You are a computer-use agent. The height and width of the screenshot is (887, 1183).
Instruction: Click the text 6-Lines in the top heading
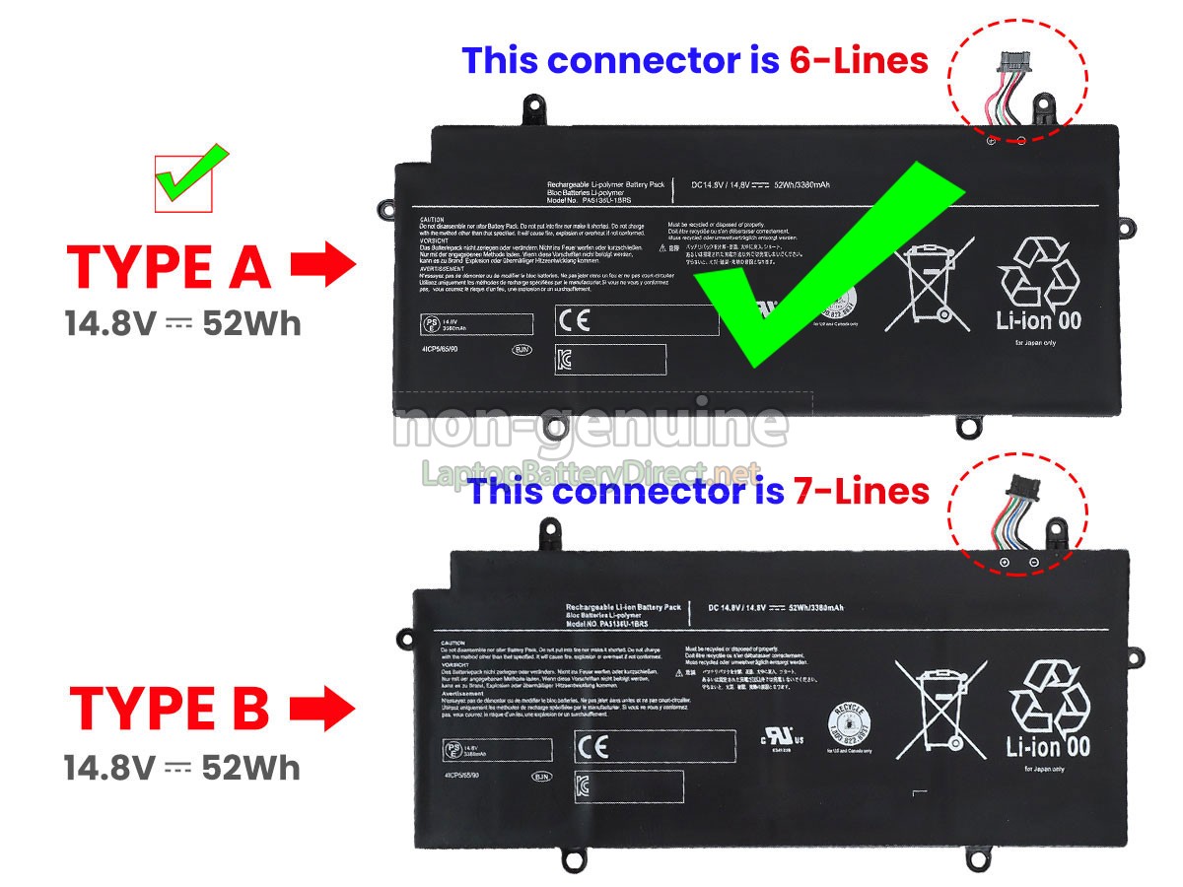(x=859, y=61)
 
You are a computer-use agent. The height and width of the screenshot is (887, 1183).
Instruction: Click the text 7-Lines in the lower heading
(x=861, y=490)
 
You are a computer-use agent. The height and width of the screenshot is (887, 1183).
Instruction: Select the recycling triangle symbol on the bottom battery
(x=1049, y=696)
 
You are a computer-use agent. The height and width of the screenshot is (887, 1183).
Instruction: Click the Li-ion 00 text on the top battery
(x=1039, y=319)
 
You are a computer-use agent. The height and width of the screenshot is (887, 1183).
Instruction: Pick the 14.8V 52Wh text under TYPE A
(x=182, y=323)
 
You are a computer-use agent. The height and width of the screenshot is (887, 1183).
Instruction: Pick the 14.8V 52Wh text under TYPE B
(x=182, y=767)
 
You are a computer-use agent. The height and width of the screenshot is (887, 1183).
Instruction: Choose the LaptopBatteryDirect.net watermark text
(x=591, y=473)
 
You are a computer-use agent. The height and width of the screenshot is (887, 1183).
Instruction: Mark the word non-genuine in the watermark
(x=591, y=427)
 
